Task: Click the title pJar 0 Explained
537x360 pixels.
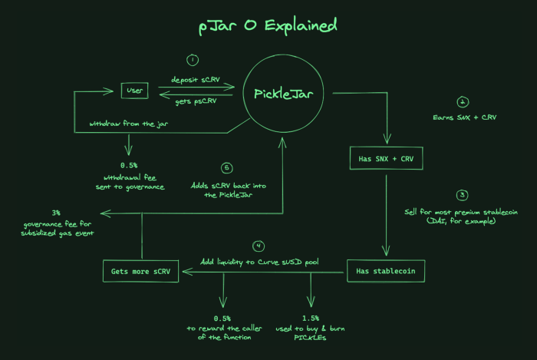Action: click(x=265, y=26)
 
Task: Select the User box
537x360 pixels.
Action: click(x=135, y=91)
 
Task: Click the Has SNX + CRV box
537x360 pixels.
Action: click(x=386, y=159)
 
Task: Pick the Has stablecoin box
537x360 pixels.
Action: click(x=386, y=270)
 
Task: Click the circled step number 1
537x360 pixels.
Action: click(x=193, y=59)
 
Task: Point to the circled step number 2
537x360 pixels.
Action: click(x=462, y=102)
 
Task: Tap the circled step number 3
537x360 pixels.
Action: click(x=462, y=195)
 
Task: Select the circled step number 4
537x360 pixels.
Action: click(x=259, y=246)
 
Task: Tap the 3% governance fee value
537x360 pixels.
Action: click(x=55, y=212)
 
